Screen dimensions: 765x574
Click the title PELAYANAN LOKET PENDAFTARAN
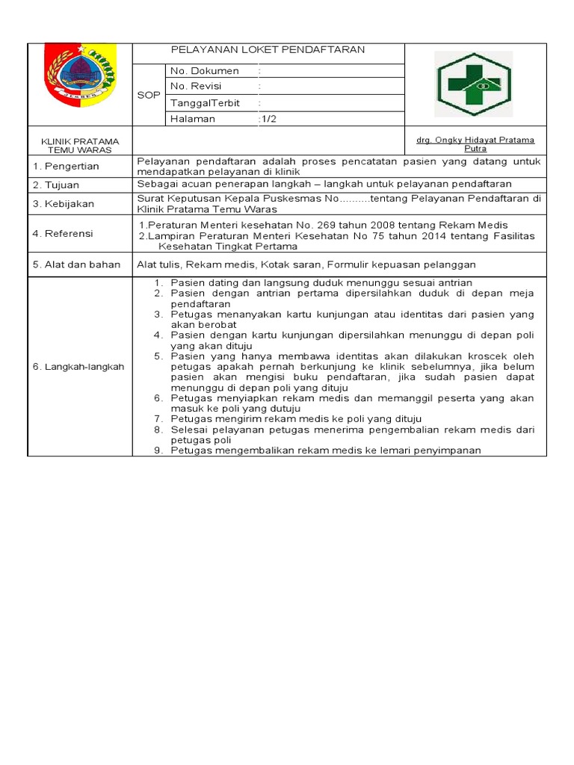click(x=268, y=50)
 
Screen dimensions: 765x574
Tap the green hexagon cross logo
click(x=474, y=84)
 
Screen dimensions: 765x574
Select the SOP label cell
click(x=147, y=96)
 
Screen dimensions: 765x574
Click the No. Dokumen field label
click(x=204, y=71)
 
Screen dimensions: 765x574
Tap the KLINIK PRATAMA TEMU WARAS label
click(x=79, y=145)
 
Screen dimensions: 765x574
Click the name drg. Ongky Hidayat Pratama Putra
click(x=475, y=144)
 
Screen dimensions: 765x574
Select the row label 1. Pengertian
click(x=66, y=166)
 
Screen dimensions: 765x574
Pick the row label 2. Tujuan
click(x=56, y=185)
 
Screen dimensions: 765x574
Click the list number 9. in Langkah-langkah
click(x=158, y=450)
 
